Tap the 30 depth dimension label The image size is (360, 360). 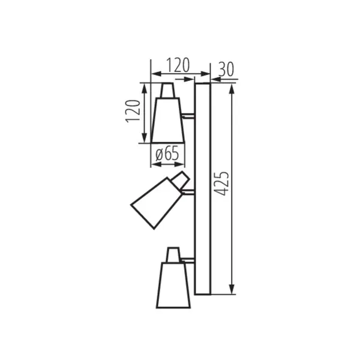coord(226,69)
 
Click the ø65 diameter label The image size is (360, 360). coord(167,154)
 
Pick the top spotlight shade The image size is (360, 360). coord(168,120)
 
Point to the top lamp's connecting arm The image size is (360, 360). coord(188,115)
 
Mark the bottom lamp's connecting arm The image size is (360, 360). coord(188,260)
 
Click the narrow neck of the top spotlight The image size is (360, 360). coord(168,90)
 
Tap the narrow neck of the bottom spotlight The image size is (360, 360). coord(173,255)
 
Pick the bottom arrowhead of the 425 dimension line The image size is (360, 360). coord(231,292)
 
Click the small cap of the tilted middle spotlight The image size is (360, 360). coord(180,179)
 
